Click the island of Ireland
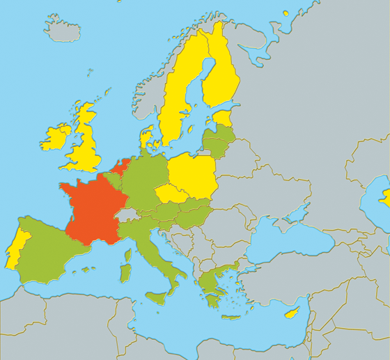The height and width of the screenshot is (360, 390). click(x=56, y=137)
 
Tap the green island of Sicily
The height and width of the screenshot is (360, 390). click(x=157, y=298)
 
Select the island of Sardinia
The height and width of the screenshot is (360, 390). click(x=125, y=272)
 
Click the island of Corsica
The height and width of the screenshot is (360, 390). click(x=127, y=255)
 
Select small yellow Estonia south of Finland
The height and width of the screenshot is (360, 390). click(x=223, y=118)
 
